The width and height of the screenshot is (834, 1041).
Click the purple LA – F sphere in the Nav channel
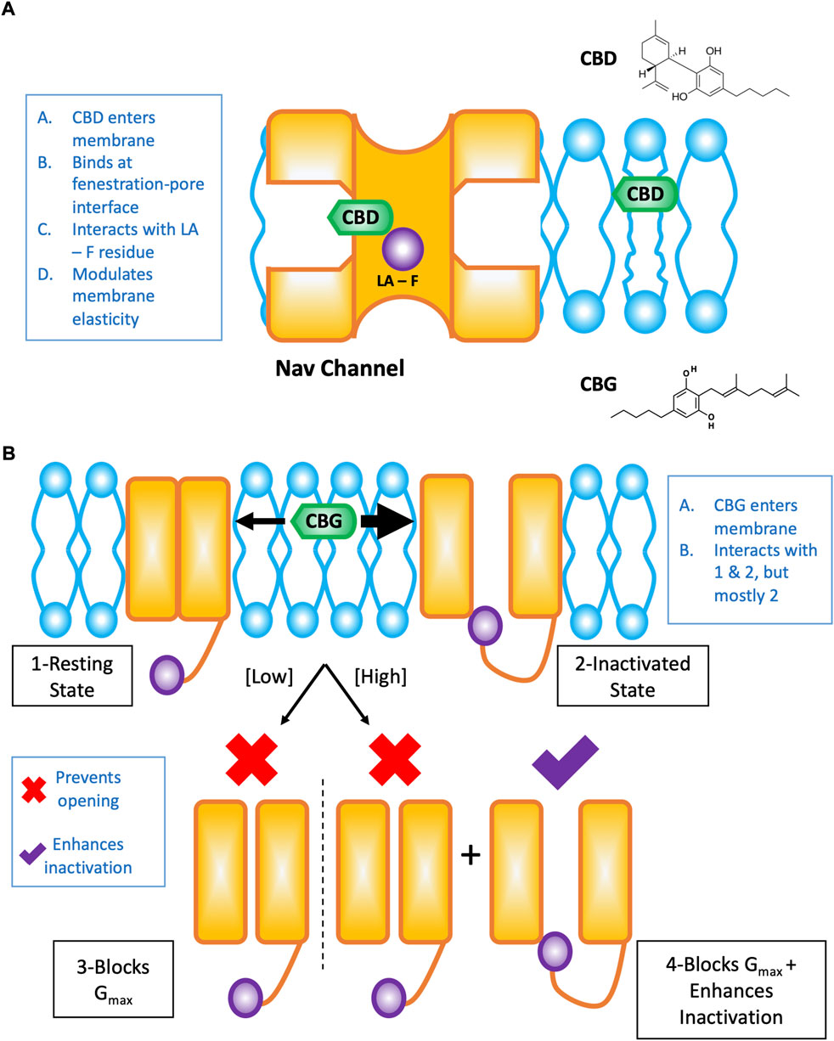point(403,249)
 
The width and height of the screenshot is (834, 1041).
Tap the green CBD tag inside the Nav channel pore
point(360,217)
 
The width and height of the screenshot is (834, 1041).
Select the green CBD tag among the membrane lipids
point(645,194)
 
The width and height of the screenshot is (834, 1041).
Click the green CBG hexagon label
point(324,521)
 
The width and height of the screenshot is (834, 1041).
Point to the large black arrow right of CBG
point(388,521)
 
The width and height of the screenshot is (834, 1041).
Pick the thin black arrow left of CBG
point(259,521)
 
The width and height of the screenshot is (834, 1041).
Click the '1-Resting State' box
point(72,676)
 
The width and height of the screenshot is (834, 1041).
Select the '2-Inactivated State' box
point(633,676)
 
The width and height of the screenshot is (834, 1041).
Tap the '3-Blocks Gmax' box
point(113,979)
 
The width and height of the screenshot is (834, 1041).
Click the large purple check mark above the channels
point(565,762)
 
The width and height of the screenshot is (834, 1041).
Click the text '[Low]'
point(269,677)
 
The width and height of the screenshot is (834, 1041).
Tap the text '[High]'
point(380,677)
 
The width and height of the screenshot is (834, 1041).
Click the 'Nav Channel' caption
point(340,369)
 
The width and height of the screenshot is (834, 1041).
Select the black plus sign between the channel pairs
point(471,855)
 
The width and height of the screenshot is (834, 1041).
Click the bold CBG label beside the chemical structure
point(598,385)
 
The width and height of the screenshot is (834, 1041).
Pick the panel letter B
point(8,453)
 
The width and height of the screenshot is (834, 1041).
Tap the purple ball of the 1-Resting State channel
point(166,675)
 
